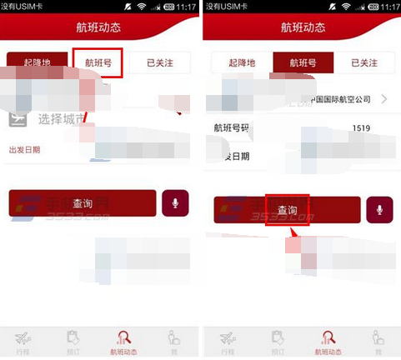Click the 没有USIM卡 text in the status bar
coord(24,6)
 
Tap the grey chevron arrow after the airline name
coord(384,100)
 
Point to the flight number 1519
coord(361,127)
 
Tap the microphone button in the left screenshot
coord(175,203)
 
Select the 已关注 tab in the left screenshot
coord(160,62)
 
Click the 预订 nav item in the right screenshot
coord(276,342)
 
